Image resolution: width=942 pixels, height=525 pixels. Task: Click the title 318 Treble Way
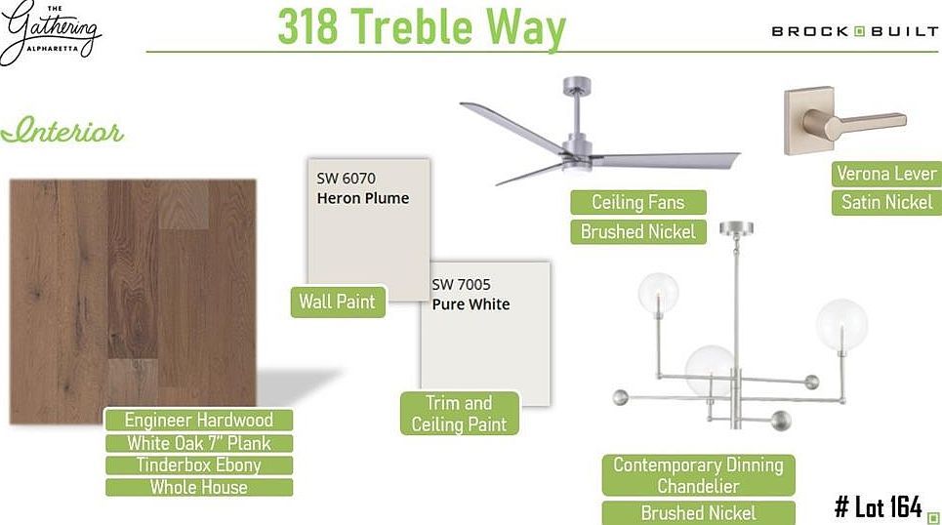(x=421, y=27)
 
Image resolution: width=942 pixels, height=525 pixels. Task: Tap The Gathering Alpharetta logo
(x=52, y=32)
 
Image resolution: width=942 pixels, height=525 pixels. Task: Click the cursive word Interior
(x=62, y=132)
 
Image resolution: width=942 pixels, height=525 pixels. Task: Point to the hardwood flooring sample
(x=132, y=293)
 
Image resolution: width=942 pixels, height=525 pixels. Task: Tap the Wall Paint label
(x=337, y=302)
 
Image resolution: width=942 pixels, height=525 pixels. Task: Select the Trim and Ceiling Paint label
(x=459, y=413)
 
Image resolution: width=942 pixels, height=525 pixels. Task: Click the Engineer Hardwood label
(x=198, y=421)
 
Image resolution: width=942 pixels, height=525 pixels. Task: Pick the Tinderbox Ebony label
(x=198, y=465)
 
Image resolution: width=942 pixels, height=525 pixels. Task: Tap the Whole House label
(x=198, y=487)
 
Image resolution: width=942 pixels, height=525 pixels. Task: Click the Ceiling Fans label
(x=637, y=202)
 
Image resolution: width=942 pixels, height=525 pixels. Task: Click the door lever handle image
(x=833, y=121)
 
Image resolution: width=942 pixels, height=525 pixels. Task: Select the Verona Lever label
(x=886, y=174)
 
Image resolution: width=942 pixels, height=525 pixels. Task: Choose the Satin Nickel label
(x=886, y=203)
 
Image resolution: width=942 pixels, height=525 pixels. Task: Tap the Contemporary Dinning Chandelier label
(x=698, y=475)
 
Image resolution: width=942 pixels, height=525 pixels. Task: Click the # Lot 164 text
(x=879, y=506)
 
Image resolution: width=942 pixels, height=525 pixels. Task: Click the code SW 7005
(x=461, y=285)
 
